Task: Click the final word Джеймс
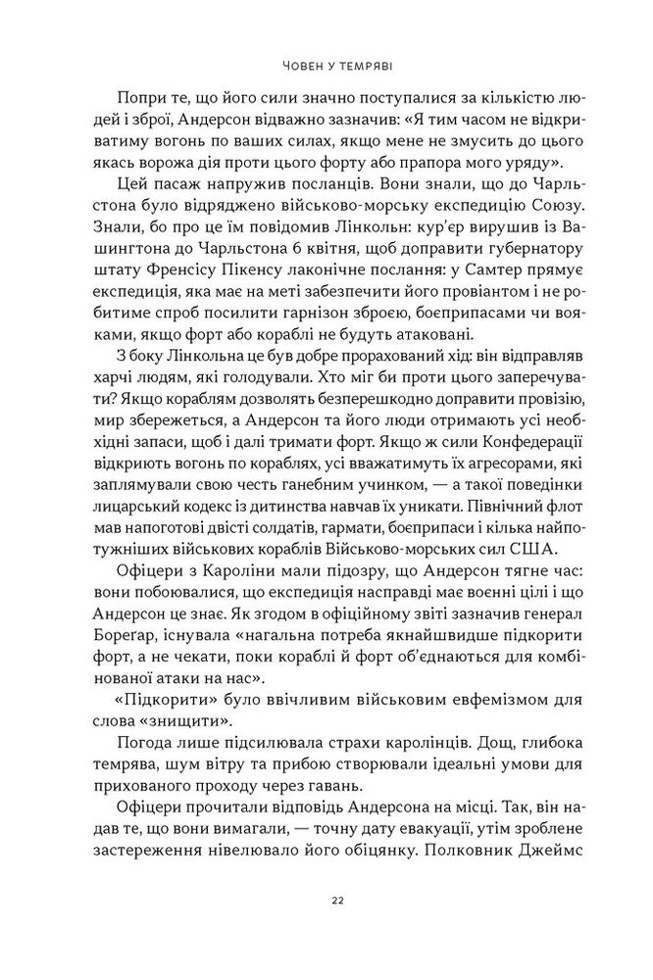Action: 557,870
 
